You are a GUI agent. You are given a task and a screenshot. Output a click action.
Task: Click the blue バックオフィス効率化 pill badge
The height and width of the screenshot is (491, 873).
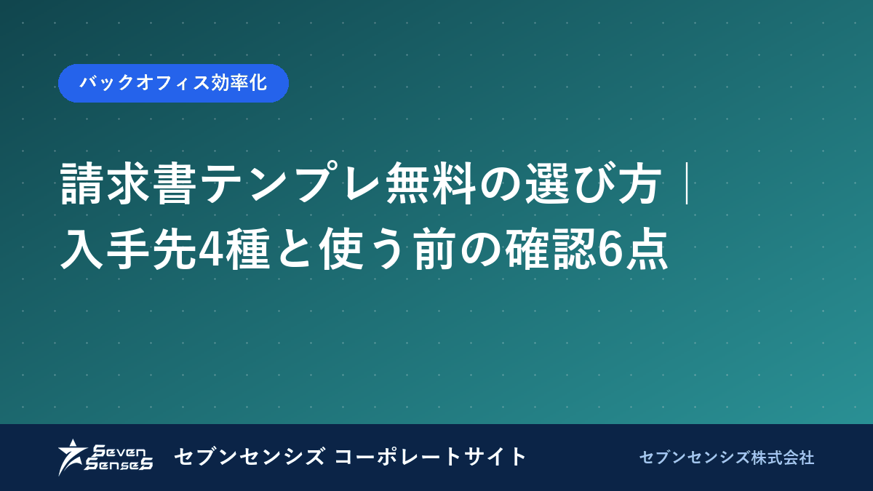pyautogui.click(x=173, y=83)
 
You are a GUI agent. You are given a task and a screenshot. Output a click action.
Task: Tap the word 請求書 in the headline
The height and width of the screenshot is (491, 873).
pyautogui.click(x=128, y=183)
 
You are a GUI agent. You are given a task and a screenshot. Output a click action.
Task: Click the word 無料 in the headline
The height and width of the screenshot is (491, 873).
pyautogui.click(x=431, y=183)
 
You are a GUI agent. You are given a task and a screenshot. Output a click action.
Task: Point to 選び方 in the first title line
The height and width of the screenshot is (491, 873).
pyautogui.click(x=593, y=183)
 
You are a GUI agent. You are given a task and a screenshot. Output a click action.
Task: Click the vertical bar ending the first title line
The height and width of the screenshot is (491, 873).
pyautogui.click(x=687, y=183)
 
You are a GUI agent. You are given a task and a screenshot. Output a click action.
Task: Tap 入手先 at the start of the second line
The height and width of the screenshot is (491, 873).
pyautogui.click(x=128, y=250)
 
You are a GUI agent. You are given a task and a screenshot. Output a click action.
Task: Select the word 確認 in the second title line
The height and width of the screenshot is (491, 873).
pyautogui.click(x=551, y=250)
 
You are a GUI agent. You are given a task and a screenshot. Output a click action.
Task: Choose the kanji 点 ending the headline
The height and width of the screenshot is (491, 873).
pyautogui.click(x=646, y=250)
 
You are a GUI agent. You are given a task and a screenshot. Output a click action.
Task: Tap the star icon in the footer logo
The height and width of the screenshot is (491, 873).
pyautogui.click(x=71, y=457)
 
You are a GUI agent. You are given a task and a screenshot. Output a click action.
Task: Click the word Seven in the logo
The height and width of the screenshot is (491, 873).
pyautogui.click(x=119, y=451)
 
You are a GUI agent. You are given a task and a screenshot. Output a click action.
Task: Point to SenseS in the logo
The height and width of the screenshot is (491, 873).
pyautogui.click(x=119, y=464)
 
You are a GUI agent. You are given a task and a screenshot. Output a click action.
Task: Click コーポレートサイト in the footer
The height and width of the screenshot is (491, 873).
pyautogui.click(x=430, y=457)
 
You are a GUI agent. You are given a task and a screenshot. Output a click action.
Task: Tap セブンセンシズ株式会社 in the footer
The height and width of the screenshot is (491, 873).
pyautogui.click(x=727, y=458)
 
